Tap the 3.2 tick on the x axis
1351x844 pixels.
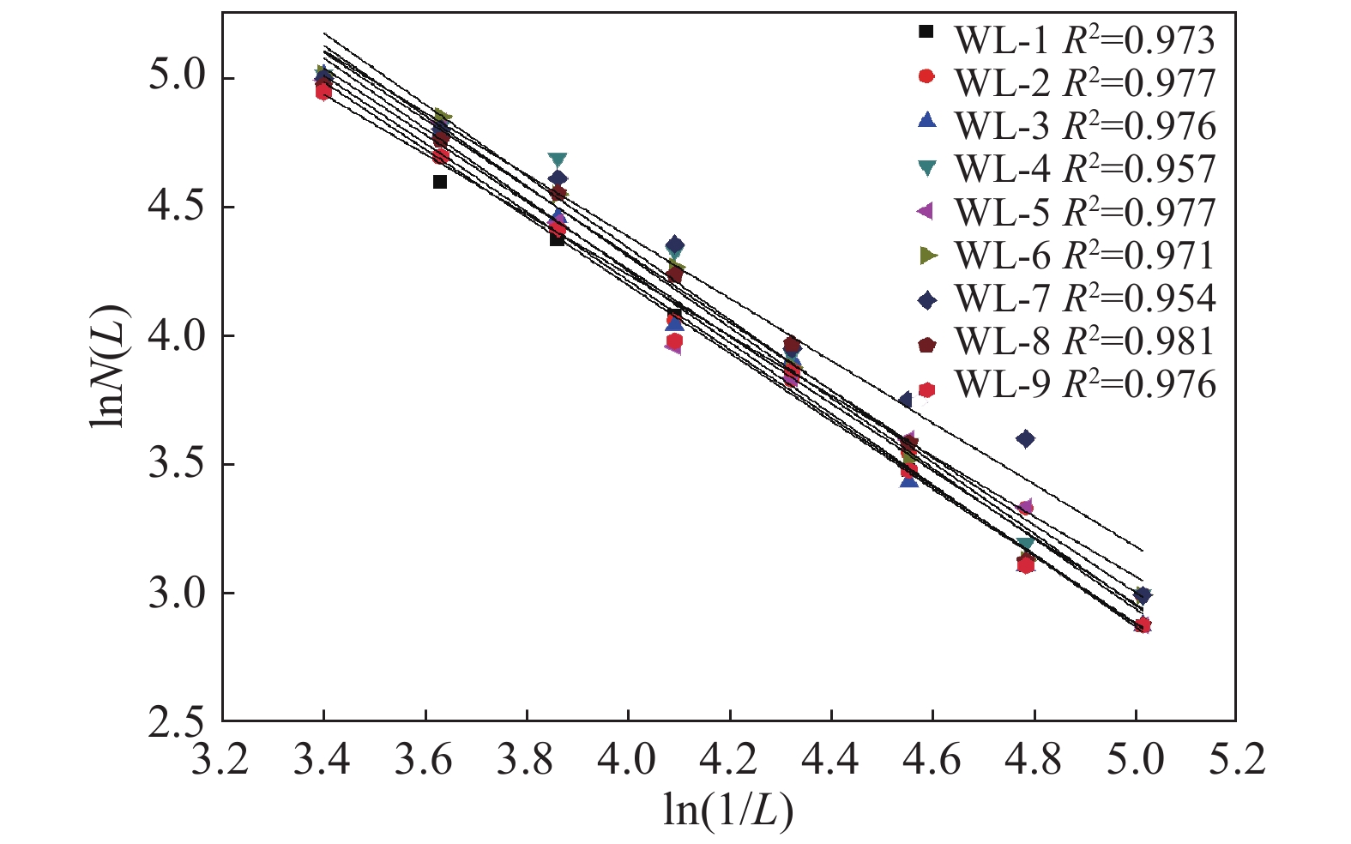click(221, 760)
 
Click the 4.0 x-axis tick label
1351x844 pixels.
click(628, 760)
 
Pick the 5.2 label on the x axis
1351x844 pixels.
click(1236, 760)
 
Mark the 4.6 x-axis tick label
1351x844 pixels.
click(932, 760)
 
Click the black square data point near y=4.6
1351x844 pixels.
click(440, 182)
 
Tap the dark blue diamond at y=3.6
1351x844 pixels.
click(1025, 439)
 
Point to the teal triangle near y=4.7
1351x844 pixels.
click(558, 160)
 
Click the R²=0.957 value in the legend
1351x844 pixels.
click(1139, 168)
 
